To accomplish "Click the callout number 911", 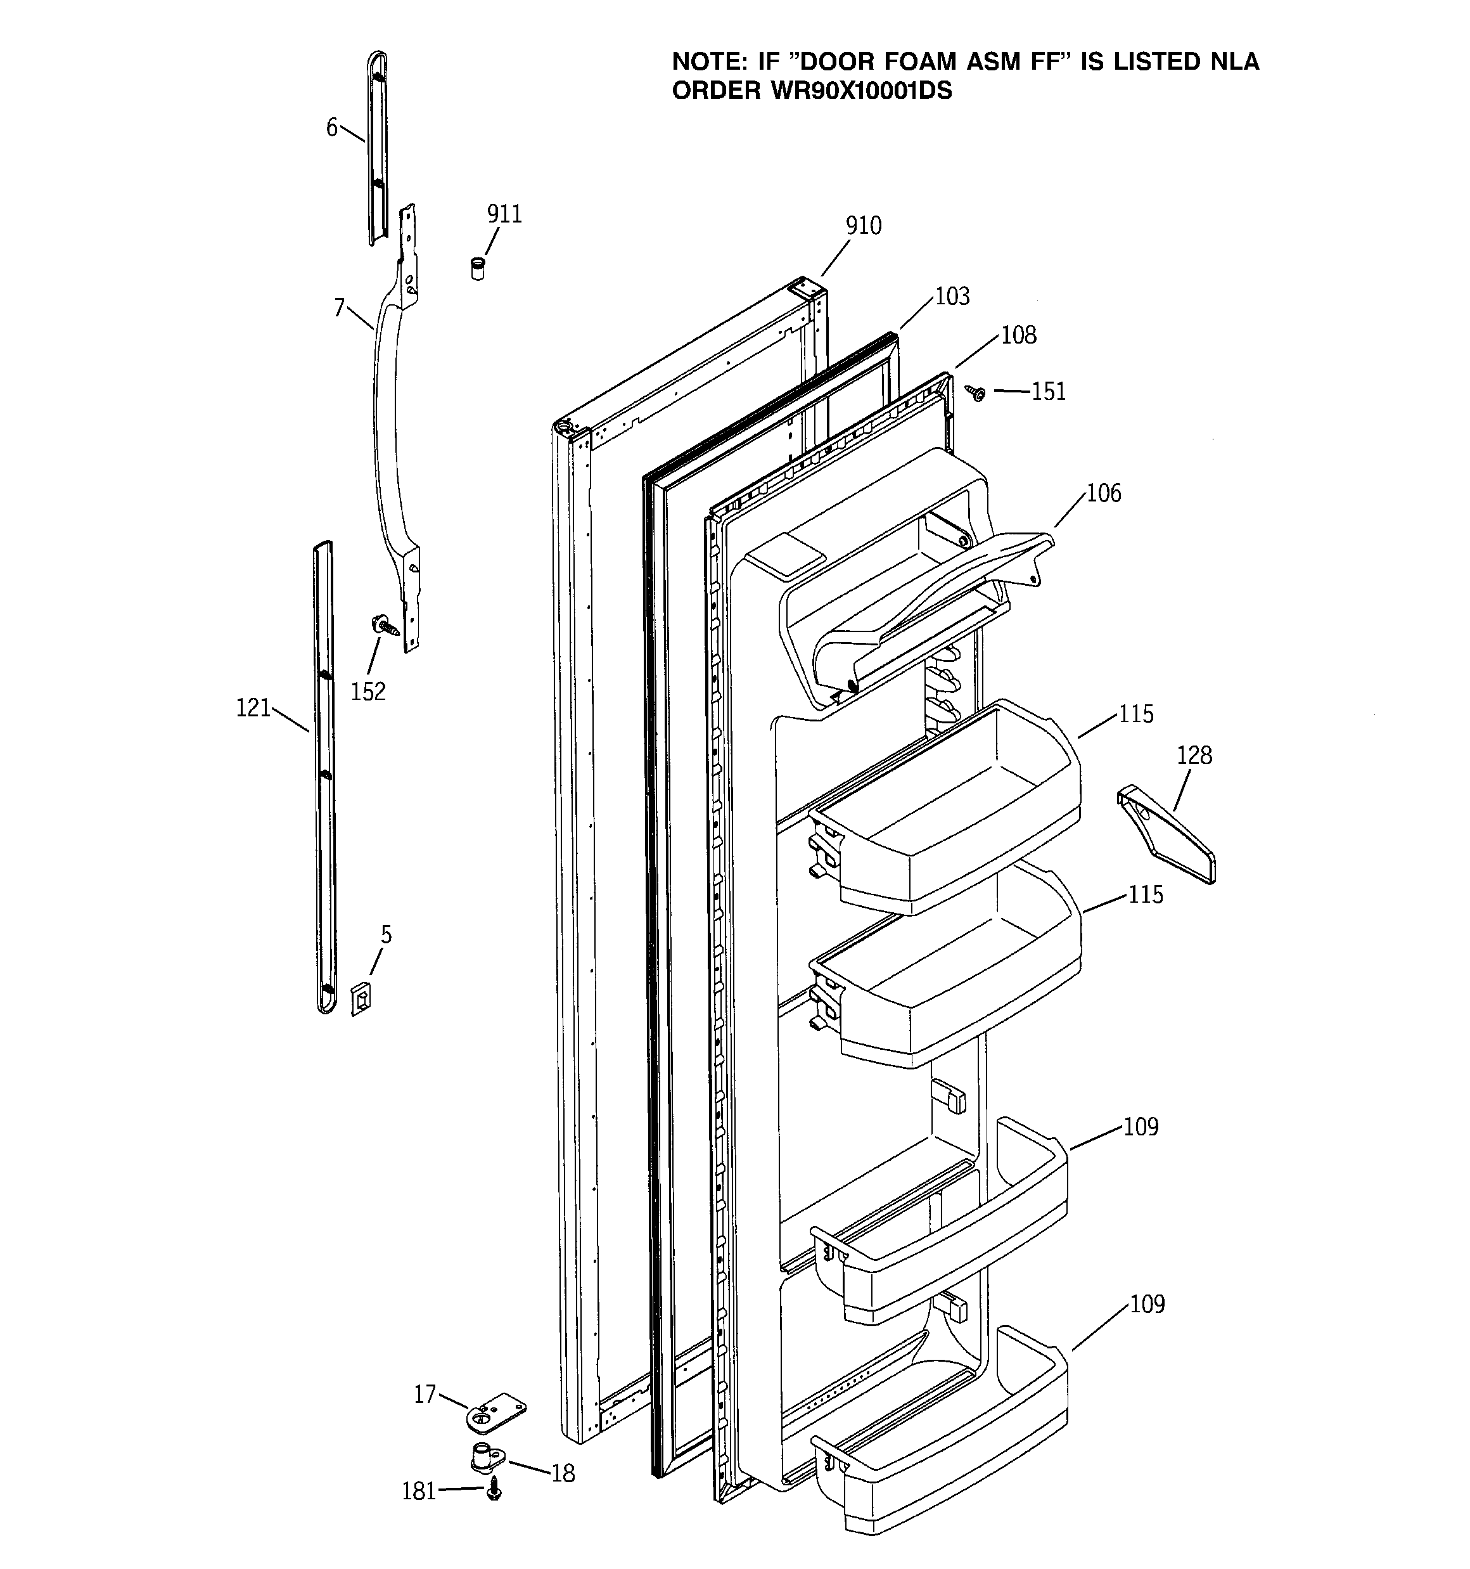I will pyautogui.click(x=504, y=214).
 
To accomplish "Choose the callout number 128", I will pyautogui.click(x=1194, y=755).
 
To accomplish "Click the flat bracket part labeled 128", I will pyautogui.click(x=1168, y=837).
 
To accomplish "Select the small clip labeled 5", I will pyautogui.click(x=361, y=998).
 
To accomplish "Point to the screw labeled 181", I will pyautogui.click(x=495, y=1488).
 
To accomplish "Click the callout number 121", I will pyautogui.click(x=253, y=708).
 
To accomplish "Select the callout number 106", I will pyautogui.click(x=1103, y=493).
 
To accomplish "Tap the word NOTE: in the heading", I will pyautogui.click(x=706, y=61).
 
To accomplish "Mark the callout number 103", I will pyautogui.click(x=952, y=296).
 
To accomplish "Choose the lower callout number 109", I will pyautogui.click(x=1146, y=1304).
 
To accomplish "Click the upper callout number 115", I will pyautogui.click(x=1135, y=713).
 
